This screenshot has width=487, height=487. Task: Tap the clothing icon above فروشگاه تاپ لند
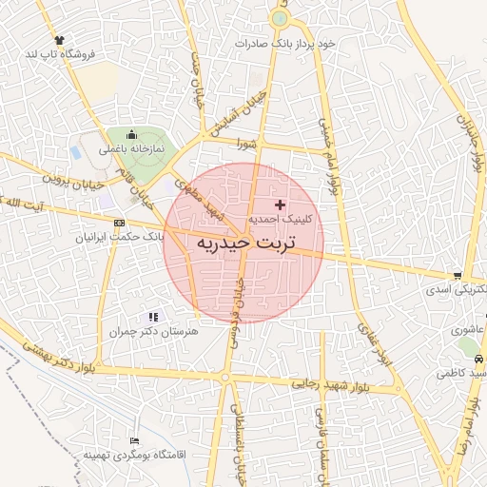point(60,40)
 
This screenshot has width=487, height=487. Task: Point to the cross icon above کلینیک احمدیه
point(280,205)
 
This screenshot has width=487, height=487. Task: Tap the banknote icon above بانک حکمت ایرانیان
point(119,223)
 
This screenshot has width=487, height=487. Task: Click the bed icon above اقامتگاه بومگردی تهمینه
point(134,441)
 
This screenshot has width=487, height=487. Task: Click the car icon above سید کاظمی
point(478,359)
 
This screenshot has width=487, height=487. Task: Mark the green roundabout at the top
point(279,18)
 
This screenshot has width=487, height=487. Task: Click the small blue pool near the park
point(76,152)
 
